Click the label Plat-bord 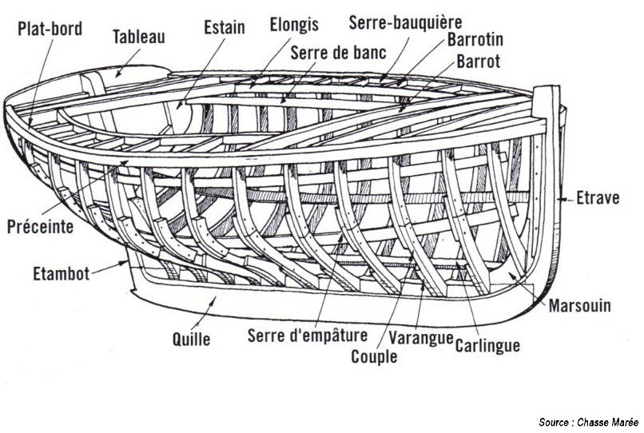pyautogui.click(x=50, y=29)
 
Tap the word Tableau pyautogui.click(x=140, y=37)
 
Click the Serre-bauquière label pyautogui.click(x=405, y=22)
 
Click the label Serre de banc pyautogui.click(x=338, y=54)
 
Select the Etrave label pyautogui.click(x=598, y=197)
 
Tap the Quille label pyautogui.click(x=192, y=339)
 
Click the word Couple pyautogui.click(x=374, y=356)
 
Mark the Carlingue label pyautogui.click(x=487, y=345)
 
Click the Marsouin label pyautogui.click(x=580, y=305)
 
